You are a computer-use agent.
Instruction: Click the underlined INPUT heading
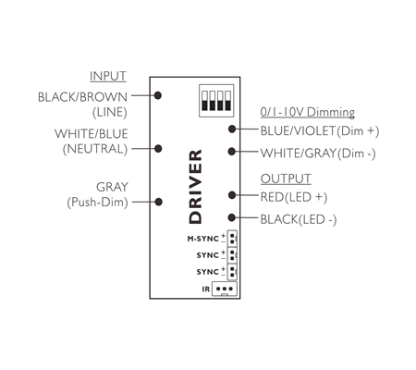(x=108, y=76)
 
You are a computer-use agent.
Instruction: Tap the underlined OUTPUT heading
(x=286, y=179)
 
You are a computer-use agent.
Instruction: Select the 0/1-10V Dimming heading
(x=308, y=112)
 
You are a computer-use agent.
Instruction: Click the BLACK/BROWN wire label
(x=82, y=97)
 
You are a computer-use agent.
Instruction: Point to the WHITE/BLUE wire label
(x=92, y=134)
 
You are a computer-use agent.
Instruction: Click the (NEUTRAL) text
(x=95, y=149)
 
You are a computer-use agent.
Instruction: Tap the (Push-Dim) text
(x=97, y=203)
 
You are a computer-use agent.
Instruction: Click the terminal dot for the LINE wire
(x=158, y=95)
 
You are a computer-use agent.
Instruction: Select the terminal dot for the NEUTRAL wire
(x=158, y=149)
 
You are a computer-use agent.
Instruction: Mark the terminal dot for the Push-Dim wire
(x=158, y=202)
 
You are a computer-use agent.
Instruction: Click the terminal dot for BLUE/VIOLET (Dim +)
(x=232, y=129)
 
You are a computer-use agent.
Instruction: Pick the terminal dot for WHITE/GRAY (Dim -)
(x=232, y=152)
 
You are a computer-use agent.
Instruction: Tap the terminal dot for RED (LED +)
(x=232, y=195)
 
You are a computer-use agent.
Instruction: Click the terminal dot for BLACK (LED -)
(x=232, y=217)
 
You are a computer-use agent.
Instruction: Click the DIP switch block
(x=216, y=101)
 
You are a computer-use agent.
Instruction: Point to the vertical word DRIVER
(x=195, y=187)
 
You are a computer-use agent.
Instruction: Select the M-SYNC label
(x=203, y=239)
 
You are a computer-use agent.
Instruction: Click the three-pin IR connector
(x=225, y=289)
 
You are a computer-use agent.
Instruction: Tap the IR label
(x=206, y=289)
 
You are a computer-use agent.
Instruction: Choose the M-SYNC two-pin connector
(x=232, y=239)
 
